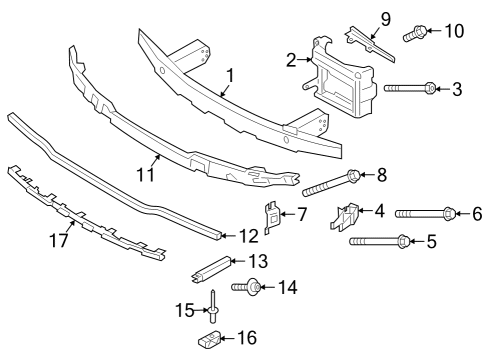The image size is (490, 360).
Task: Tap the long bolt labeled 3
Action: pos(410,89)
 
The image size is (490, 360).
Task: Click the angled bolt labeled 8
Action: pos(330,183)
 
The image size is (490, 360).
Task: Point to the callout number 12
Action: pos(248,235)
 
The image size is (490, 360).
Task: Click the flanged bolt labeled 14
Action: pos(249,288)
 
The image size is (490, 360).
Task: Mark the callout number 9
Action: pos(384,17)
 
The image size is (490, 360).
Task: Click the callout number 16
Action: pos(246,338)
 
